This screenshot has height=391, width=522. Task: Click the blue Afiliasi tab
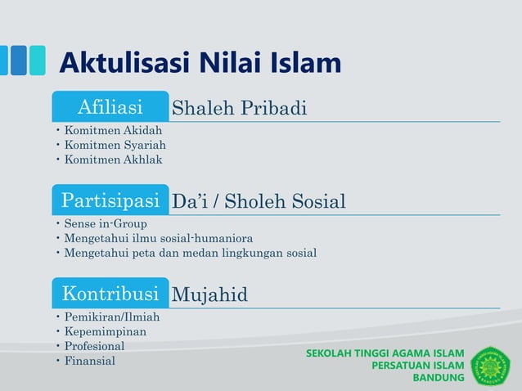tap(110, 107)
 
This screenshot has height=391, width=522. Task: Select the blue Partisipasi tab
tap(110, 200)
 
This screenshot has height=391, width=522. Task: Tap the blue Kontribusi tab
tap(110, 294)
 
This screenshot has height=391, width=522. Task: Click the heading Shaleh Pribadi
tap(239, 108)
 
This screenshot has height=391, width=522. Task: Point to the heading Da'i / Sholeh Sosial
tap(259, 201)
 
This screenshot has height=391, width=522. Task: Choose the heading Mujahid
tap(209, 294)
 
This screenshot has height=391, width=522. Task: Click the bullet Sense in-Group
tap(106, 223)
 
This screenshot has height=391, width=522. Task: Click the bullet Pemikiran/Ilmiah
tap(112, 317)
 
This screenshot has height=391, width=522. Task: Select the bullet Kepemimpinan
tap(106, 331)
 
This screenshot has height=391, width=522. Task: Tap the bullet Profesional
tap(95, 346)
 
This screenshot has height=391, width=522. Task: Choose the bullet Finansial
tap(90, 361)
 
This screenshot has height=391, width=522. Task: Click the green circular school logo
tap(490, 366)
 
